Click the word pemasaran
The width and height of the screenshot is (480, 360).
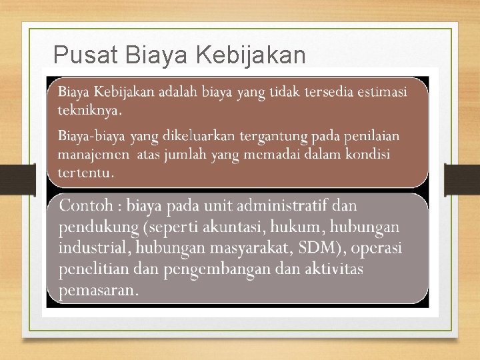pos(98,291)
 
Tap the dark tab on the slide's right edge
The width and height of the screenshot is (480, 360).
pos(462,180)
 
